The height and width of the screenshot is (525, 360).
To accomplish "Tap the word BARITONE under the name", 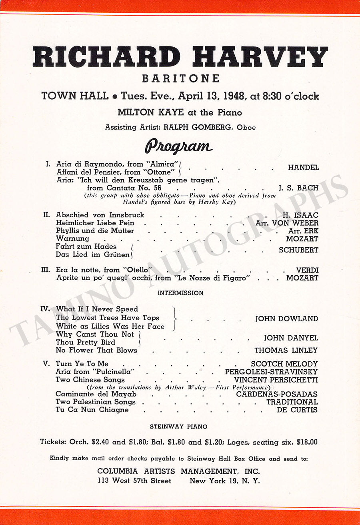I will pyautogui.click(x=180, y=78).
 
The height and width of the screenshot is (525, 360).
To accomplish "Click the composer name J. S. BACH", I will pyautogui.click(x=298, y=188).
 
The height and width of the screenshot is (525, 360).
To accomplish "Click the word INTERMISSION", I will pyautogui.click(x=180, y=293).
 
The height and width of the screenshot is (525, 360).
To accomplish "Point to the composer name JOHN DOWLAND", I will pyautogui.click(x=287, y=319).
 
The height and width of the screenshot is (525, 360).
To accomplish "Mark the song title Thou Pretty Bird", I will pyautogui.click(x=86, y=343).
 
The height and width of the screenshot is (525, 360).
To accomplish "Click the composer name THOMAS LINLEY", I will pyautogui.click(x=286, y=351).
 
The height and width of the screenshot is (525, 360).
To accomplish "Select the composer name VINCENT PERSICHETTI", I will pyautogui.click(x=276, y=380).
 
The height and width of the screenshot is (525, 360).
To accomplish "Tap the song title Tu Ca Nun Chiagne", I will pyautogui.click(x=92, y=410).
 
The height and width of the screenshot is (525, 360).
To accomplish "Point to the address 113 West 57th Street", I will pyautogui.click(x=134, y=481).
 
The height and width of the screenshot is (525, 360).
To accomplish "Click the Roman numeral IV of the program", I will pyautogui.click(x=45, y=309).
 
